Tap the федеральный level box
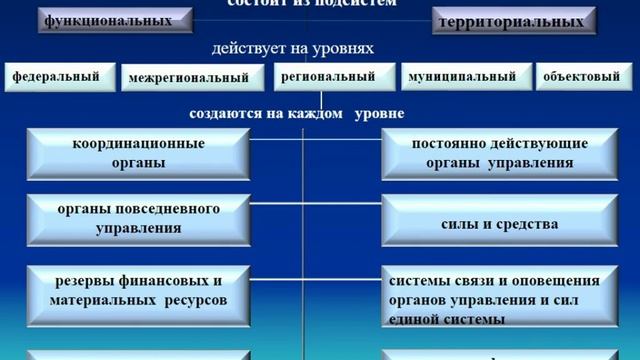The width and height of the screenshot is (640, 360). click(x=58, y=76)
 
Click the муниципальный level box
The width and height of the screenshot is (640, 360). click(x=463, y=76)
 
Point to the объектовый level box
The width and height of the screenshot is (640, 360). click(x=581, y=76)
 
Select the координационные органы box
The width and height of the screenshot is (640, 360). click(x=138, y=153)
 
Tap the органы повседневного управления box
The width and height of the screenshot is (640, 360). click(x=138, y=218)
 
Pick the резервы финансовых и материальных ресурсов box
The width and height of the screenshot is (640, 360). click(x=138, y=290)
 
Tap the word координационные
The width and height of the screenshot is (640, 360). click(x=139, y=144)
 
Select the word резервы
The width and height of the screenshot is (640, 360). click(x=83, y=281)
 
